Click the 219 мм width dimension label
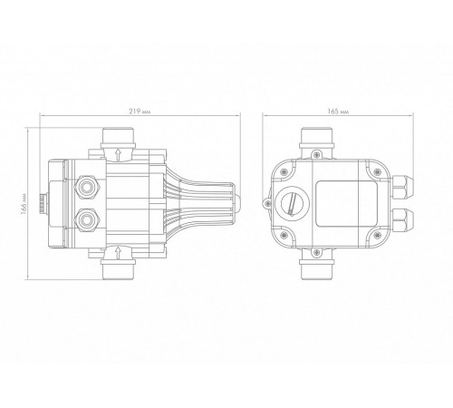click(x=140, y=112)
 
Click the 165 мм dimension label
click(x=338, y=112)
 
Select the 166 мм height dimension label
click(x=24, y=204)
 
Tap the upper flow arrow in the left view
click(x=118, y=154)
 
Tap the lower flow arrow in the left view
click(x=118, y=252)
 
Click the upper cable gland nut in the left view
click(x=86, y=188)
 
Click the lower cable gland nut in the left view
click(x=86, y=219)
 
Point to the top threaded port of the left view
click(x=118, y=137)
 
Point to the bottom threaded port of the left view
click(x=118, y=270)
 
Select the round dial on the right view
click(x=293, y=204)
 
